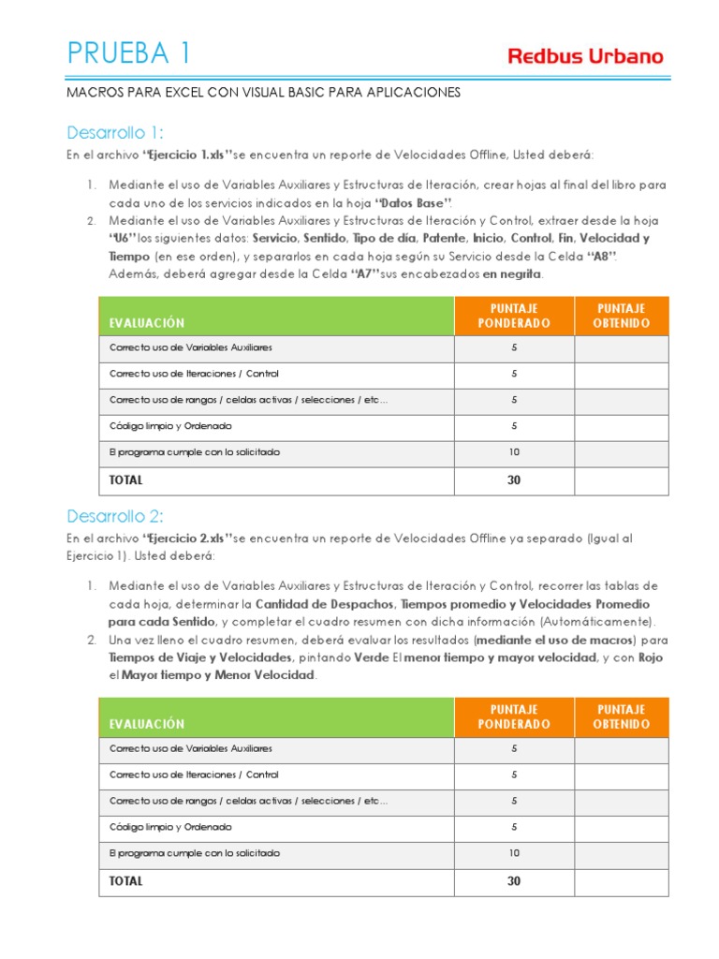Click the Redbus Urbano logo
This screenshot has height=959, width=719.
coord(585,56)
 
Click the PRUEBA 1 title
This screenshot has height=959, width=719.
coord(129,53)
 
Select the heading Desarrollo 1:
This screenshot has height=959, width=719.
coord(115,132)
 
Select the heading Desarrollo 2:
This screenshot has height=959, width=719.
coord(115,516)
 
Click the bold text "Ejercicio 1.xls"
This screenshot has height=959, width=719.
coord(186,155)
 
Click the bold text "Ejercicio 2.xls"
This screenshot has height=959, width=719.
coord(186,539)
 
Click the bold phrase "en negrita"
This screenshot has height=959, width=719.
coord(511,274)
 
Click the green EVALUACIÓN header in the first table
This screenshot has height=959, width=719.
coord(147,323)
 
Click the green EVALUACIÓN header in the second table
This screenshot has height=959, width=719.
coord(147,724)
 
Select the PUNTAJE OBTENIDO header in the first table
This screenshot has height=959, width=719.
coord(622,316)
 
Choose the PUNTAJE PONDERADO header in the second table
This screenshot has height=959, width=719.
coord(514,716)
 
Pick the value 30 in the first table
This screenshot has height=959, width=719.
coord(514,480)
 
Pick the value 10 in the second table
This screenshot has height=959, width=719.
coord(514,853)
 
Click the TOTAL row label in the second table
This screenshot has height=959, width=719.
coord(126,881)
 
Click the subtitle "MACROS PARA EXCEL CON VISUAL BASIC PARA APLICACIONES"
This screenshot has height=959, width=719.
coord(263,94)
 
